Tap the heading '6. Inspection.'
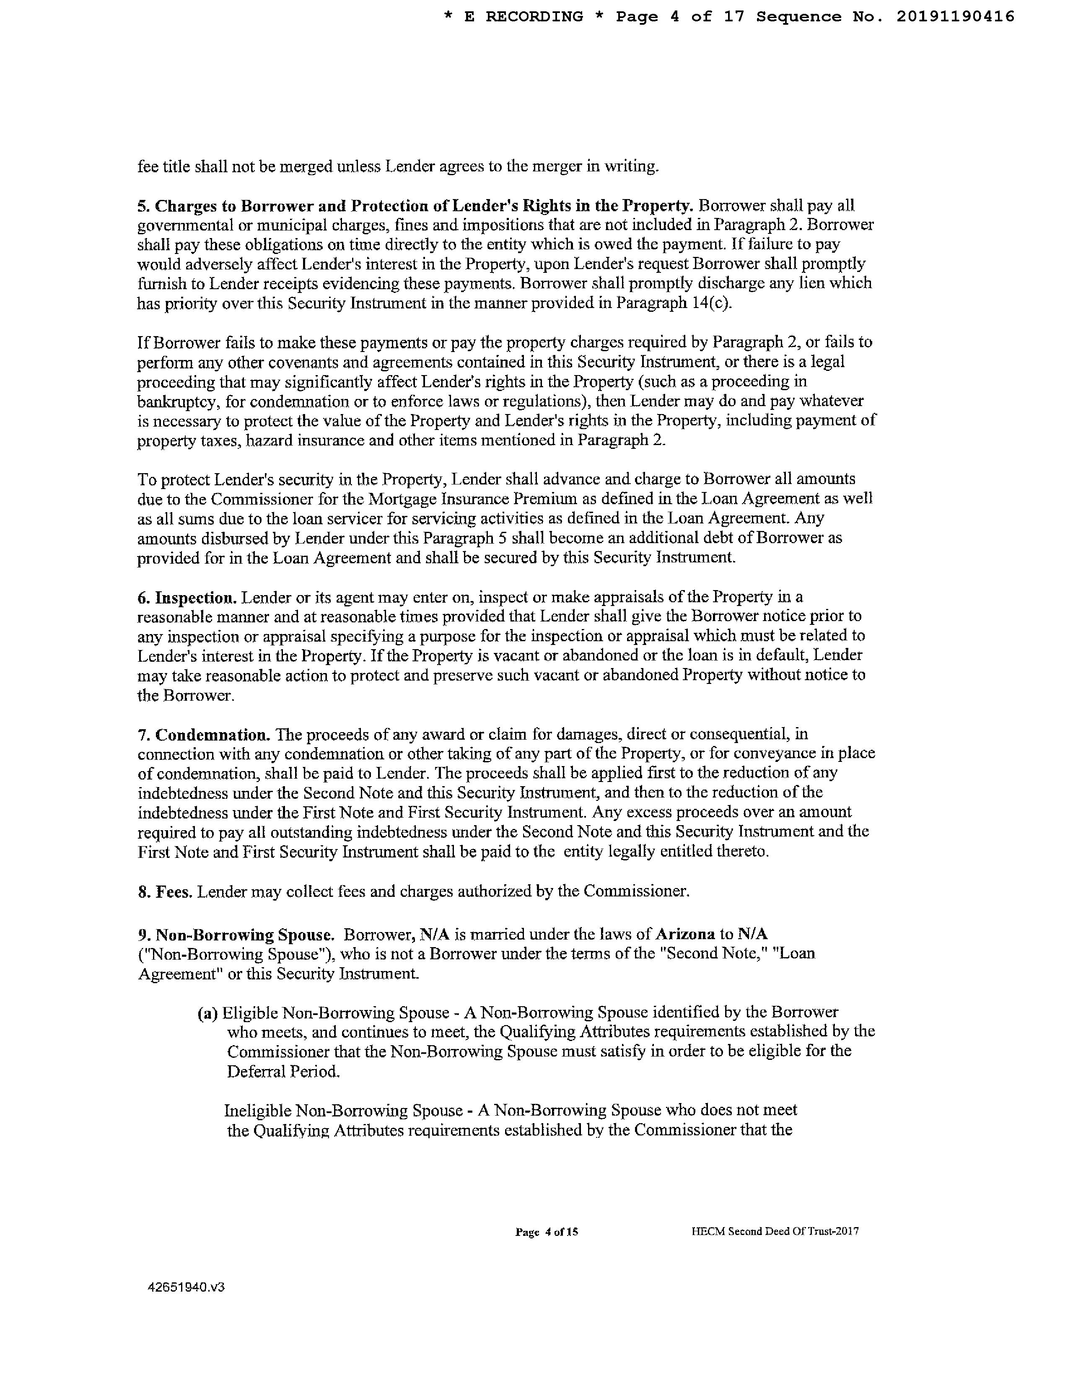pos(187,597)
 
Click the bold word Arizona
pos(685,934)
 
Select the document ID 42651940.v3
pos(186,1287)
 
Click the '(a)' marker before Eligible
pos(207,1013)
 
